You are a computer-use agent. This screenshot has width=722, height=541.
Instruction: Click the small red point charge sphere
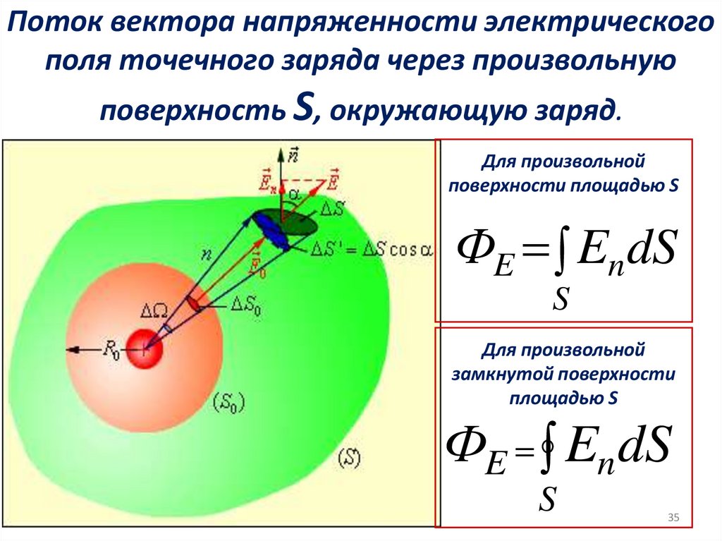point(145,348)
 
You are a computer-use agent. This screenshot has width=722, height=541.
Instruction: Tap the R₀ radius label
point(111,348)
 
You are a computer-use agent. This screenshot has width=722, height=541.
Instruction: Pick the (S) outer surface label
point(349,458)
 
